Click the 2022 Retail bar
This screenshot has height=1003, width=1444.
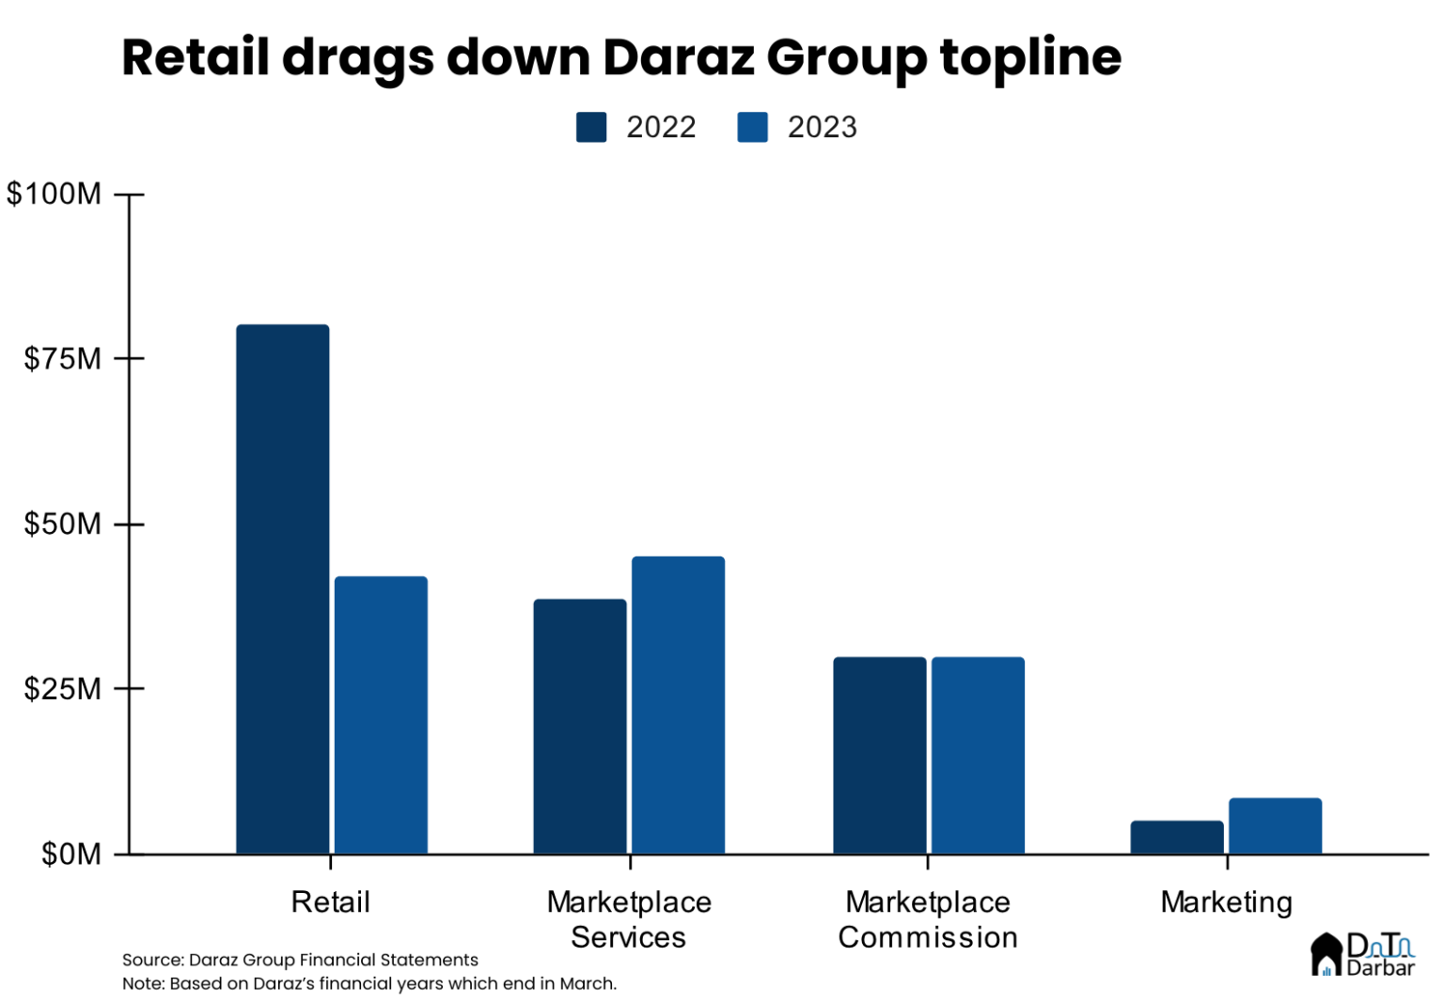pos(282,589)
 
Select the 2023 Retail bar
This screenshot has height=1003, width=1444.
pos(381,715)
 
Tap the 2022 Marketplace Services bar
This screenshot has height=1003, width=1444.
pos(580,727)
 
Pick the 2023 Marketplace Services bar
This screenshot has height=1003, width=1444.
pos(678,705)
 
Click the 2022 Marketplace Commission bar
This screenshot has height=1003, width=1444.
pos(879,756)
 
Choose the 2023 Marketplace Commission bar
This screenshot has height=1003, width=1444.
pos(978,756)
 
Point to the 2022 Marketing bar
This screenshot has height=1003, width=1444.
pos(1177,838)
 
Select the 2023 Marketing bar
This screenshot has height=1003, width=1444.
pos(1275,826)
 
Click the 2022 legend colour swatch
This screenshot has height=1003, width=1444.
pos(591,127)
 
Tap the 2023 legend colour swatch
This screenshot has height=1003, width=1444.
pos(752,127)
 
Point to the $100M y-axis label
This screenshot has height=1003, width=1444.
pos(55,194)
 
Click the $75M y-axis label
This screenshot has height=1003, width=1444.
pos(62,358)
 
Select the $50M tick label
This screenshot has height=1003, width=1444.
pos(62,524)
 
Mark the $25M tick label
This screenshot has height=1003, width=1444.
pos(62,688)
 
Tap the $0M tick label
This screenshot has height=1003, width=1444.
pos(71,854)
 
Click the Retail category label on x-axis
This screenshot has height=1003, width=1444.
pos(330,901)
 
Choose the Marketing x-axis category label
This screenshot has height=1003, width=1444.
pos(1226,901)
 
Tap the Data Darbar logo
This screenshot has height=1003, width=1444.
pos(1362,953)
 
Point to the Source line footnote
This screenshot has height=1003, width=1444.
pos(300,960)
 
